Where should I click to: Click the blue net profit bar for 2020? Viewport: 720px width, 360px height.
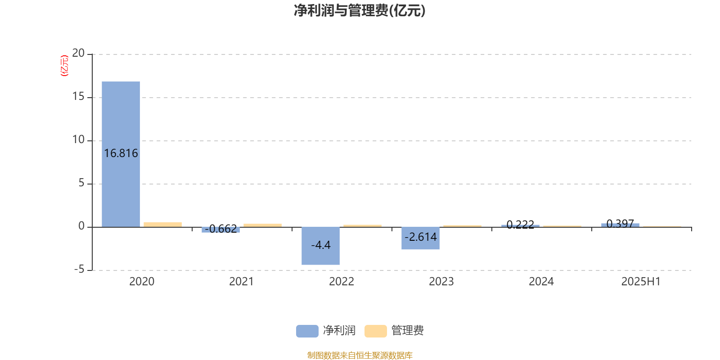(121, 154)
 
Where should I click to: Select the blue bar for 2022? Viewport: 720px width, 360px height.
(320, 246)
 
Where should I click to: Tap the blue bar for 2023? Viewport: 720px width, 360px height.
(420, 238)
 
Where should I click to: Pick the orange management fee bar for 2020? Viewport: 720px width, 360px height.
(162, 225)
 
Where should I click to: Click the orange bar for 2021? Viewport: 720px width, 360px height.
(263, 225)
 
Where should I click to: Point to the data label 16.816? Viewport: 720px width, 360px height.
(121, 153)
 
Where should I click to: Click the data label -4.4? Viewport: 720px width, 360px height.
(321, 245)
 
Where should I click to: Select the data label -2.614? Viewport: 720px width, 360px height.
(420, 237)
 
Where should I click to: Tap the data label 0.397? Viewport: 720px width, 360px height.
(620, 223)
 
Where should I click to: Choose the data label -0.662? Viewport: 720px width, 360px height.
(221, 229)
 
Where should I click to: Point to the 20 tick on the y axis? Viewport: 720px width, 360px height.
(78, 53)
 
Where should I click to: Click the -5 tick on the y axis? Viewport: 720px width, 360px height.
(79, 270)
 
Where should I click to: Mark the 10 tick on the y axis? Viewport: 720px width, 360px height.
(78, 139)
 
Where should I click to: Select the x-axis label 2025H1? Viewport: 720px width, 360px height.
(641, 282)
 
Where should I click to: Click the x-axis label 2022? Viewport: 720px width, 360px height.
(342, 282)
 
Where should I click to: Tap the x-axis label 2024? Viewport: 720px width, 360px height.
(541, 282)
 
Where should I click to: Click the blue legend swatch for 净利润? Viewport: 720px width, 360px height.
(307, 331)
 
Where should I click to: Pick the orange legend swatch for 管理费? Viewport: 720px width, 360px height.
(375, 331)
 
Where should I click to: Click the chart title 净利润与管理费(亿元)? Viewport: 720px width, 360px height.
(360, 11)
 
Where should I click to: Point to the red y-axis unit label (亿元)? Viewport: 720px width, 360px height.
(65, 66)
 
